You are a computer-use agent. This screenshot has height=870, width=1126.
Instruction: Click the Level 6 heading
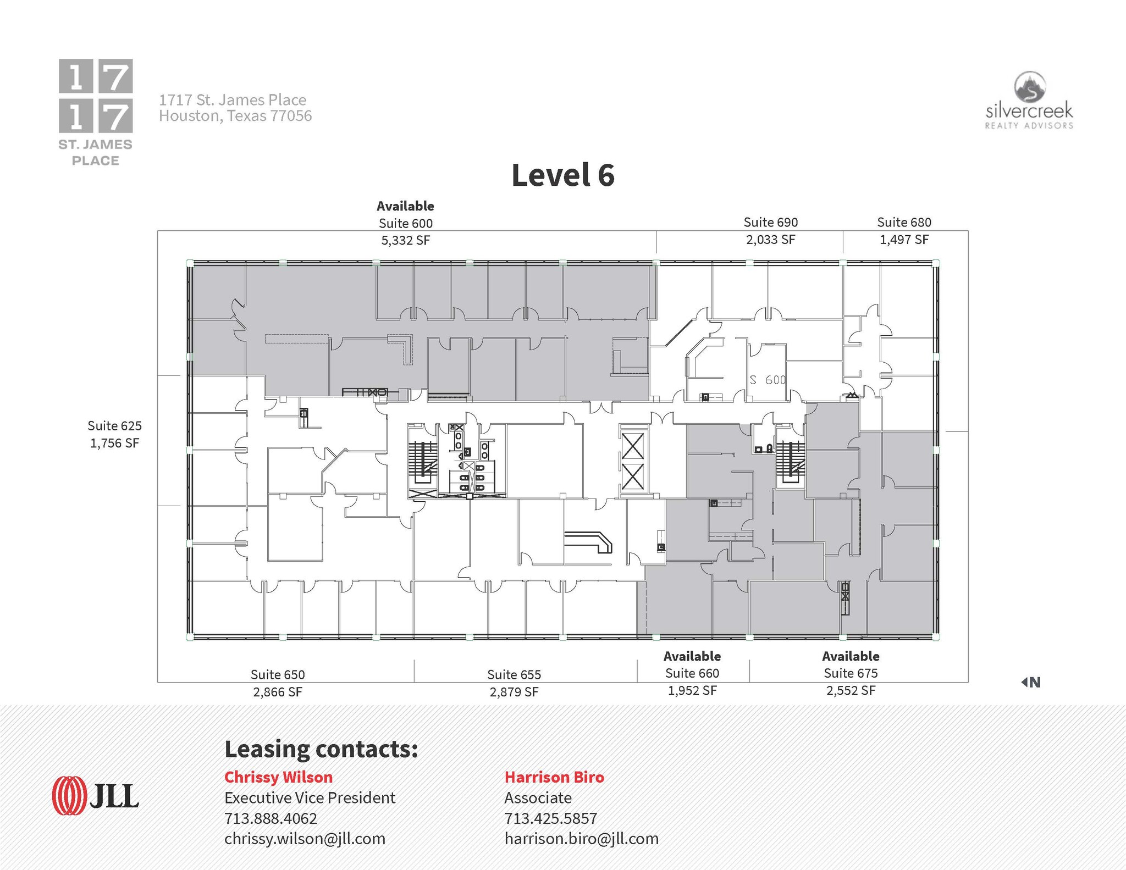tap(562, 175)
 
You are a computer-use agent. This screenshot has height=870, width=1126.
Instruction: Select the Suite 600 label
tap(406, 223)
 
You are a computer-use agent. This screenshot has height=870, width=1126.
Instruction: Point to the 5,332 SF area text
tap(406, 240)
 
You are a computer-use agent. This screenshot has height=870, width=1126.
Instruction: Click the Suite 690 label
tap(770, 222)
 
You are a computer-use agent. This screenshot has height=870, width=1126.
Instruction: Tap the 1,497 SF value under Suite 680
tap(904, 240)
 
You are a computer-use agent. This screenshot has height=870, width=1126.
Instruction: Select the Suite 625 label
tap(114, 425)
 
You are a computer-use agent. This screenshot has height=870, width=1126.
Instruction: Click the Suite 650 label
tap(278, 674)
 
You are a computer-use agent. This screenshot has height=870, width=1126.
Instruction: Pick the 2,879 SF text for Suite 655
tap(514, 691)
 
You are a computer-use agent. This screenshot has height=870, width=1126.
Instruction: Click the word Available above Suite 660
tap(692, 656)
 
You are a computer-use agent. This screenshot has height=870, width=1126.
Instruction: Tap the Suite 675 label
tap(851, 673)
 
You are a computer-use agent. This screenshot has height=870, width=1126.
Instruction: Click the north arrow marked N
tap(1031, 682)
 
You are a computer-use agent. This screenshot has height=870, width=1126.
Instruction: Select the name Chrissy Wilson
tap(278, 777)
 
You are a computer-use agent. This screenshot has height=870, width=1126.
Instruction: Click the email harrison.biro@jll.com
tap(581, 839)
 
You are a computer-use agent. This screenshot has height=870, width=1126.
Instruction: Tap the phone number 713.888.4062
tap(271, 818)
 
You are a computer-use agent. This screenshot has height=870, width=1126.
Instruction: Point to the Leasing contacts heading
tap(321, 750)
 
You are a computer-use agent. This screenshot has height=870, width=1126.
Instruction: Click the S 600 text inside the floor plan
tap(768, 380)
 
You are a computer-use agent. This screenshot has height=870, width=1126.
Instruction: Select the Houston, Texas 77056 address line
tap(235, 116)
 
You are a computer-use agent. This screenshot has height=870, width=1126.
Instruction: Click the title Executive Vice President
tap(310, 797)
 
